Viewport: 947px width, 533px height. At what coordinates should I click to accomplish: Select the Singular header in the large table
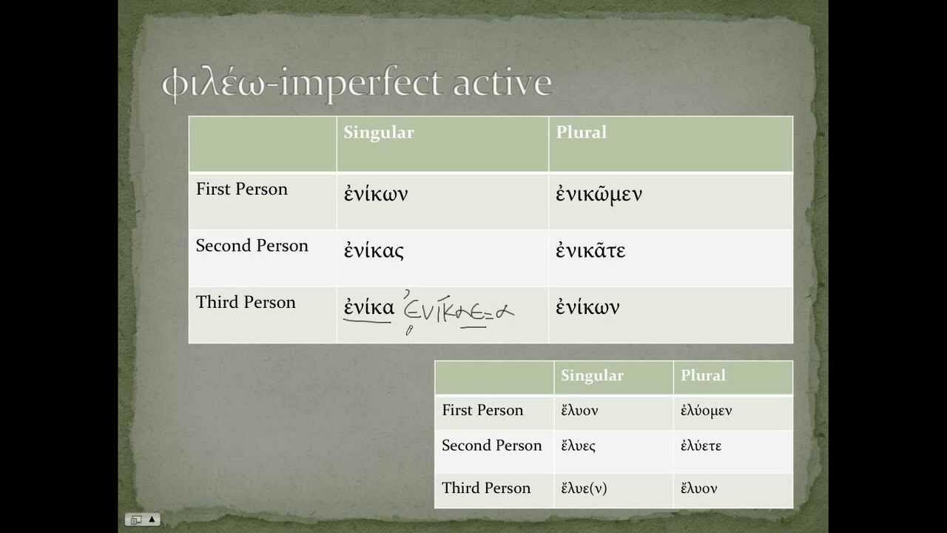click(x=378, y=133)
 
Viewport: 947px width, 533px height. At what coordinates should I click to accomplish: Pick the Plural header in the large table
click(x=581, y=133)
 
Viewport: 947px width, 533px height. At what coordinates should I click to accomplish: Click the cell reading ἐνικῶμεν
click(x=599, y=194)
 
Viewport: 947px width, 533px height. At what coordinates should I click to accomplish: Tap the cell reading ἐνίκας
click(x=374, y=250)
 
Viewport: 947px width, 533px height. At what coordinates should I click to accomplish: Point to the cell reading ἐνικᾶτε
click(x=590, y=250)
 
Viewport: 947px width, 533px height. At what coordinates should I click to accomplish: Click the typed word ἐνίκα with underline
click(x=368, y=307)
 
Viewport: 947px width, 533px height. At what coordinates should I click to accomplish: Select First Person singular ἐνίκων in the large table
click(x=376, y=194)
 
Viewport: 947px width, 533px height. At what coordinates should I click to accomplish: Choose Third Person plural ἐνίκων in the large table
click(x=587, y=307)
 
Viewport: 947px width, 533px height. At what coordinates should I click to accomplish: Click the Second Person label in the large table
click(x=252, y=246)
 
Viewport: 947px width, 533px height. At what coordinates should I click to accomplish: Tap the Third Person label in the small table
click(x=486, y=488)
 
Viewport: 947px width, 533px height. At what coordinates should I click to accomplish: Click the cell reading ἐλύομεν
click(x=706, y=410)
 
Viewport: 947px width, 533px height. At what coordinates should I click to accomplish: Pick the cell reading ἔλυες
click(x=578, y=446)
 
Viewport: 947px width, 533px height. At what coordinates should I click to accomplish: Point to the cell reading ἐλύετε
click(x=701, y=446)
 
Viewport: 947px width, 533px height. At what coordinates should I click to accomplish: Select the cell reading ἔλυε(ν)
click(x=584, y=488)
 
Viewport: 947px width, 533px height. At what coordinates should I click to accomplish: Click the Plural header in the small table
click(x=703, y=375)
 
